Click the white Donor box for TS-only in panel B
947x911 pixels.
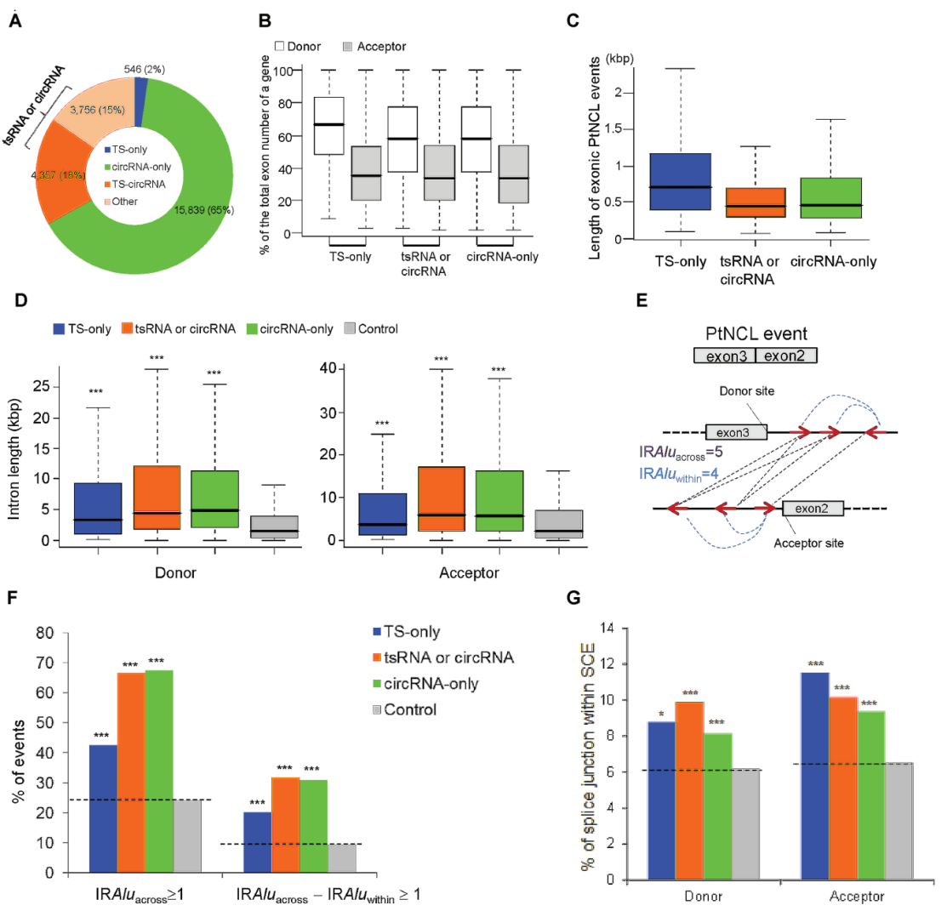pyautogui.click(x=328, y=126)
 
